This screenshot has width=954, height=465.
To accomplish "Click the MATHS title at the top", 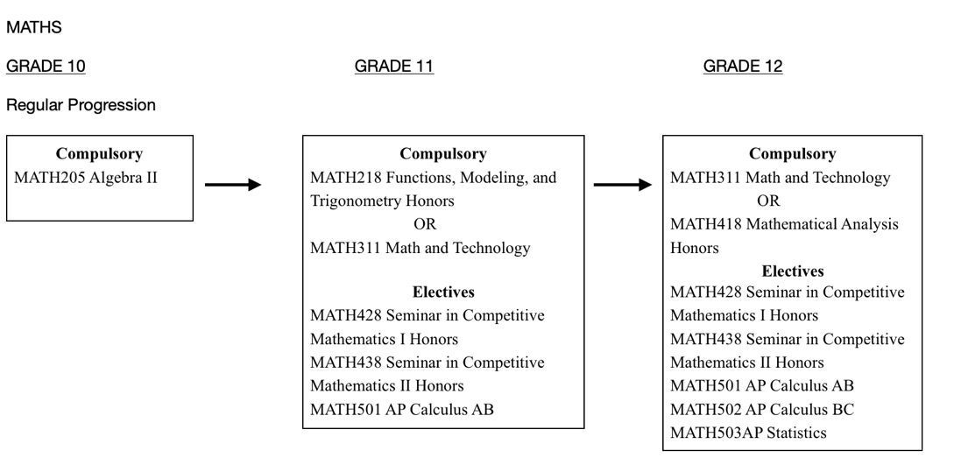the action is pyautogui.click(x=34, y=27).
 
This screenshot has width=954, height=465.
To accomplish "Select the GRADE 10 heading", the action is pyautogui.click(x=46, y=67).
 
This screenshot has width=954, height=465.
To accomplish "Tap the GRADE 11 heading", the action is pyautogui.click(x=394, y=67).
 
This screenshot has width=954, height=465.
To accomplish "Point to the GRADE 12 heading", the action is pyautogui.click(x=743, y=67).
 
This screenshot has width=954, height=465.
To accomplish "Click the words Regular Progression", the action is pyautogui.click(x=81, y=105).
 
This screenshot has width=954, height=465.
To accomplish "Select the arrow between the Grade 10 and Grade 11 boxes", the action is pyautogui.click(x=233, y=185).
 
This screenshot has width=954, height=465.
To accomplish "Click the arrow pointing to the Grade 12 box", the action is pyautogui.click(x=623, y=185).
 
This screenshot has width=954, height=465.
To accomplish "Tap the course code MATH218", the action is pyautogui.click(x=345, y=178).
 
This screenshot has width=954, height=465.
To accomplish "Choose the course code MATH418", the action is pyautogui.click(x=706, y=225).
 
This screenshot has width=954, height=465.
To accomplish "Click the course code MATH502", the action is pyautogui.click(x=706, y=410).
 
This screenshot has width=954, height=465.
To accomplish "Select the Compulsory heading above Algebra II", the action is pyautogui.click(x=99, y=154).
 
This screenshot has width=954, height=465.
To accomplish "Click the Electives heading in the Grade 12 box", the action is pyautogui.click(x=793, y=271).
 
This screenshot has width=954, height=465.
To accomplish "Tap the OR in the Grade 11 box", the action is pyautogui.click(x=425, y=225).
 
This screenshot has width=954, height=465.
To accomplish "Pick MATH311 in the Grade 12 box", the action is pyautogui.click(x=706, y=178).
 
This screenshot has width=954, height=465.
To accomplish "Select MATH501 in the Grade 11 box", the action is pyautogui.click(x=345, y=410).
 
